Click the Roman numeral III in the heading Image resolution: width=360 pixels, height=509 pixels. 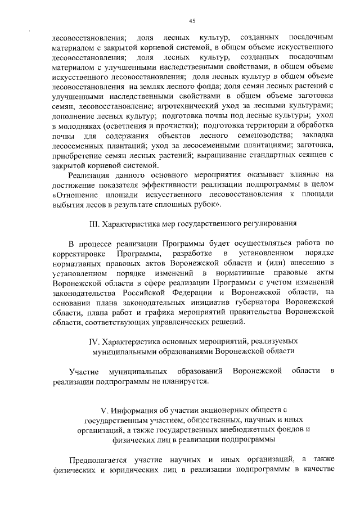(94, 223)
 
